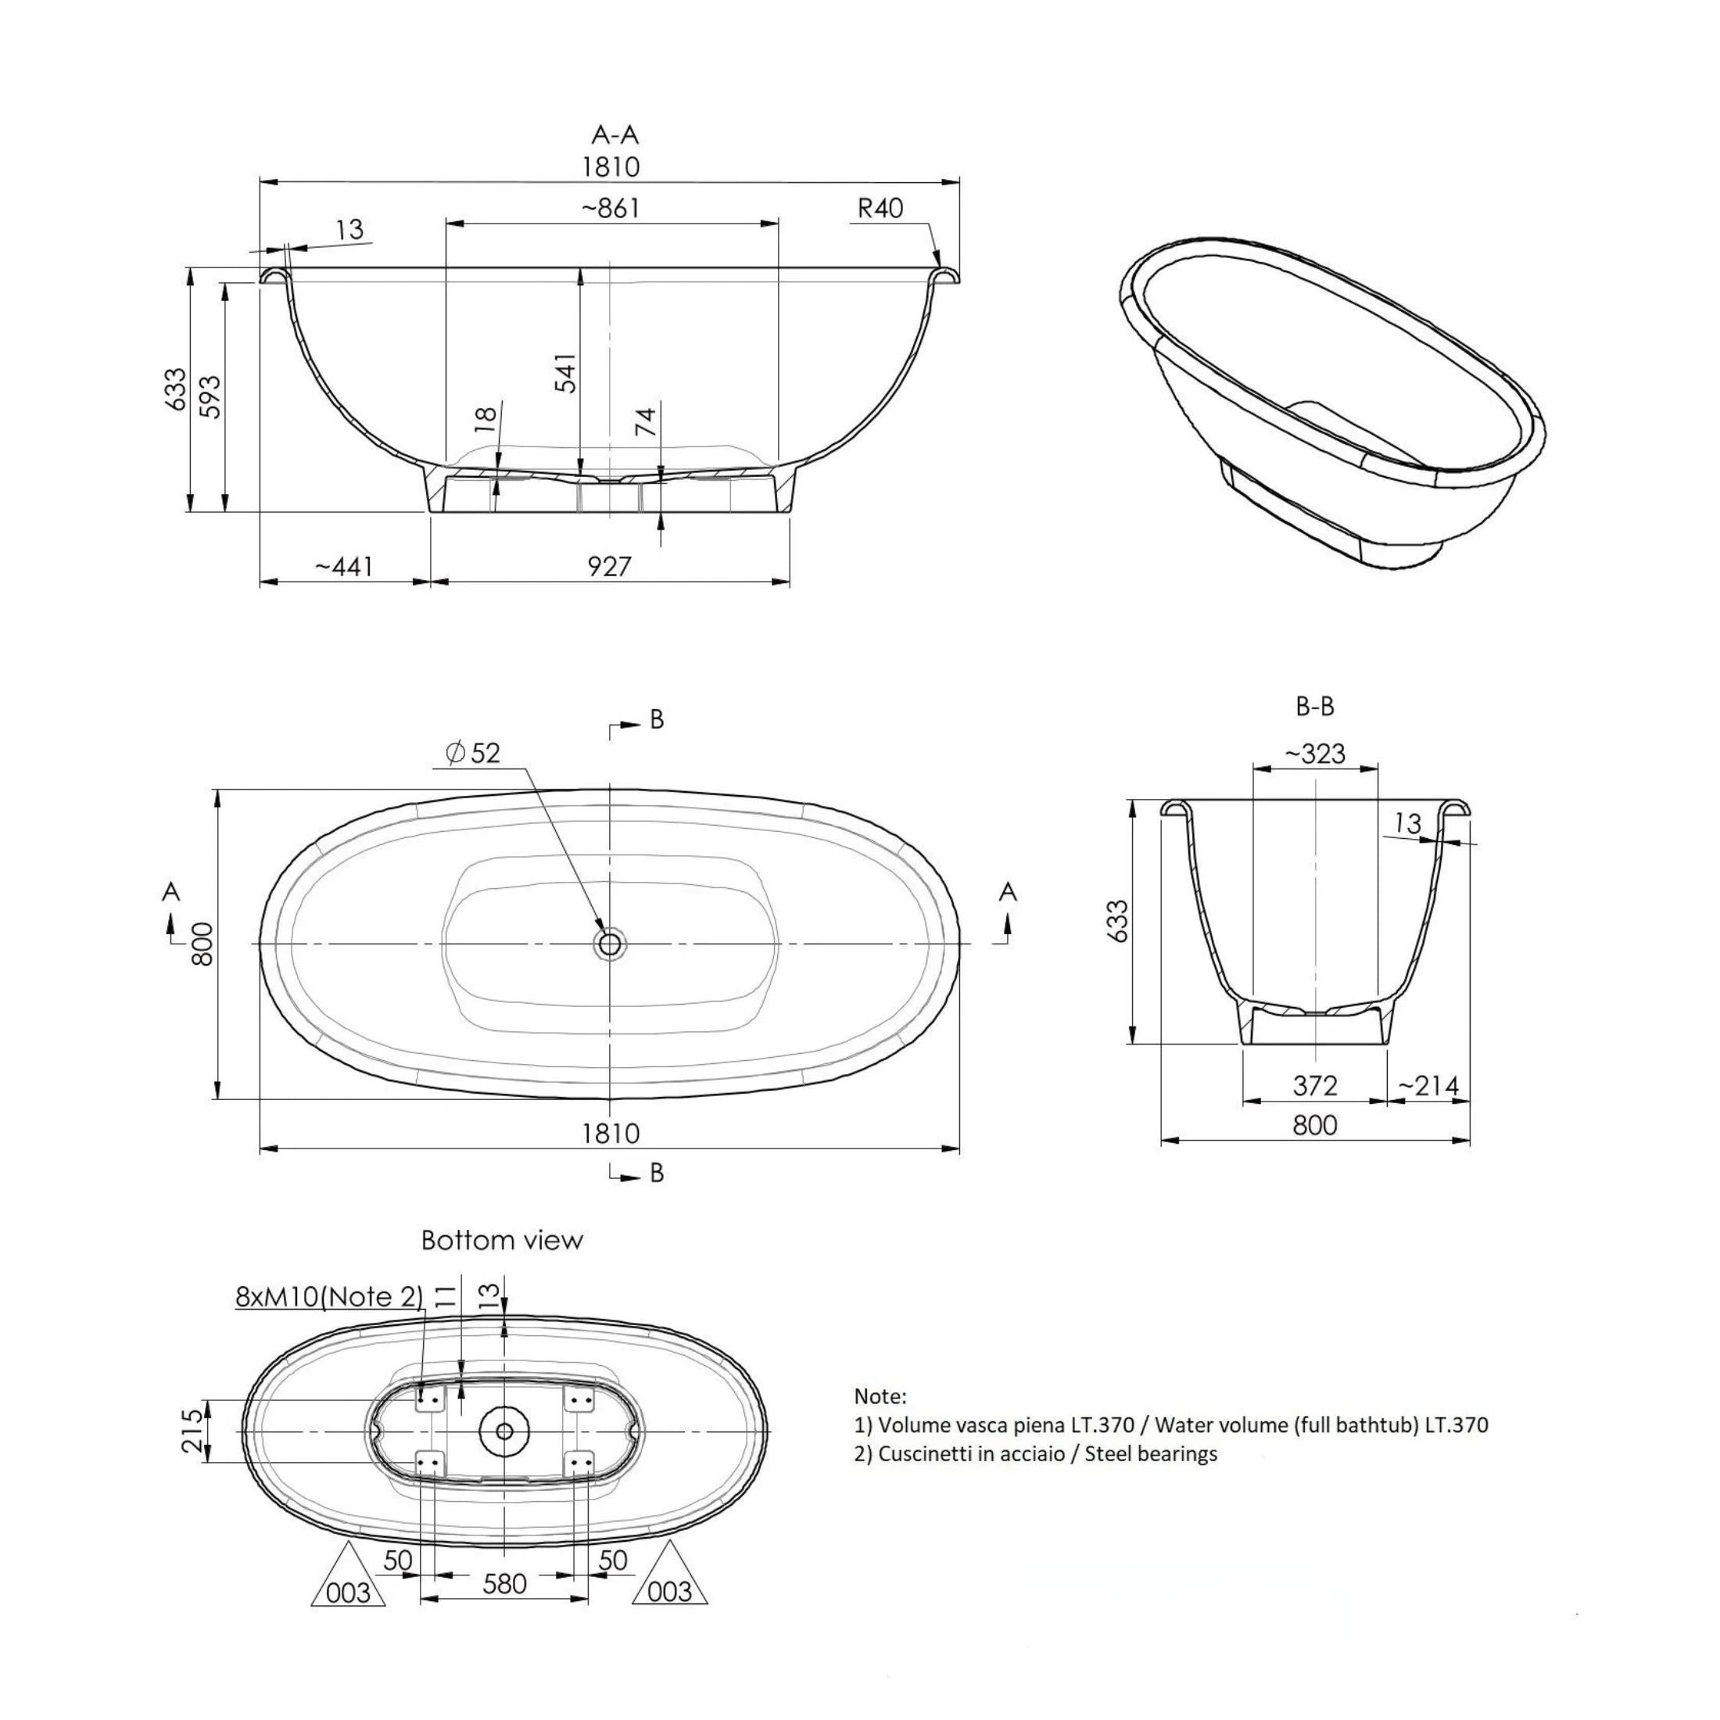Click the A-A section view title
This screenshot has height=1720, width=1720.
(615, 134)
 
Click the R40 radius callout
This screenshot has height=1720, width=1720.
(880, 208)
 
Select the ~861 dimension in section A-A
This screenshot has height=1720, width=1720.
(611, 208)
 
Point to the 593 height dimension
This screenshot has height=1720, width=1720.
(210, 396)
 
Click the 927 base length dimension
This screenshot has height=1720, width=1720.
(610, 566)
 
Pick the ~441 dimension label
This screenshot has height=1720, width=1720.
(345, 566)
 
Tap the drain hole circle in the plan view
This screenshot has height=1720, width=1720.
(610, 943)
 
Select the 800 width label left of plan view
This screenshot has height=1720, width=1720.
(203, 944)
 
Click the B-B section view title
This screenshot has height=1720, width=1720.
(1314, 706)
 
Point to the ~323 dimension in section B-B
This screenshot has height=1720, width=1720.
(1314, 754)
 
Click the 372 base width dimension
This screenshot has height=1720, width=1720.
(1315, 1085)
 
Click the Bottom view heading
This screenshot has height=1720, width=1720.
(502, 1240)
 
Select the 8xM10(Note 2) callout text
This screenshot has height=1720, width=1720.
(329, 1296)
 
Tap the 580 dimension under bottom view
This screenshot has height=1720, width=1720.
(504, 1584)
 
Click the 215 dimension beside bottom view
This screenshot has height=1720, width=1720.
(193, 1430)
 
